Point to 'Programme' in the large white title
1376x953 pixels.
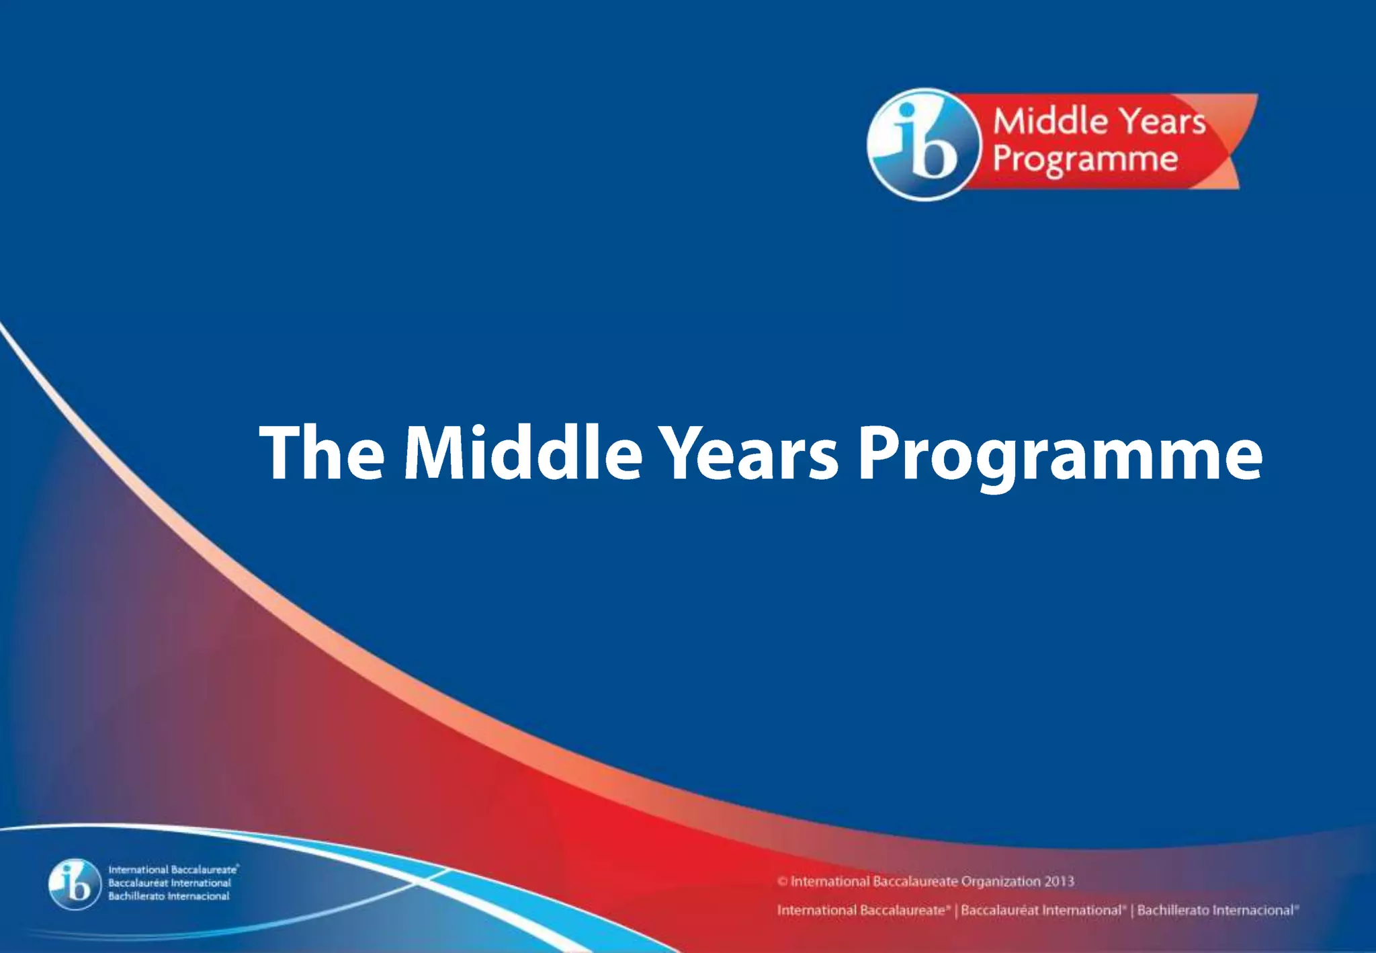(x=1060, y=457)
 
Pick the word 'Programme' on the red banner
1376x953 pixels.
(x=1085, y=160)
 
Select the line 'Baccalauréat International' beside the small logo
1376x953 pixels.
(x=169, y=883)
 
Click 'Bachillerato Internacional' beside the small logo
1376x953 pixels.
(x=169, y=896)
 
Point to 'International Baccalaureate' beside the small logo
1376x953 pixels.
(x=172, y=870)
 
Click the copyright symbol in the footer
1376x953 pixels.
(x=782, y=881)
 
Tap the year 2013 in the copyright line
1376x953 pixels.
(x=1059, y=881)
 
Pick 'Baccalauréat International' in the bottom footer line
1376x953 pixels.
(x=1041, y=911)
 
